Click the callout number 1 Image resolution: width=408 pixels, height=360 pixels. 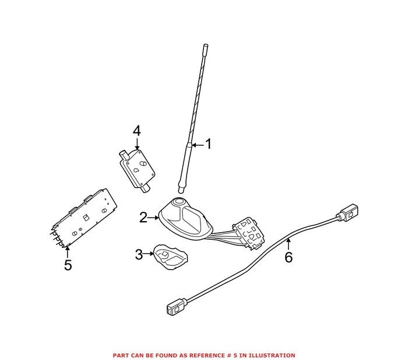[208, 145]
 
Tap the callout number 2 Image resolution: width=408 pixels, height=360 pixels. [143, 218]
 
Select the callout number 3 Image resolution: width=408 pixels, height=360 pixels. [139, 254]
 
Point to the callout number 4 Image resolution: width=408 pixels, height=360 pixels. [136, 131]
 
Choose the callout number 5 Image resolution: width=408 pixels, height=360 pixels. [68, 265]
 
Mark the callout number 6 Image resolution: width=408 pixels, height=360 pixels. [289, 257]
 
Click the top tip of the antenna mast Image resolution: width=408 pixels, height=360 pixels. [206, 46]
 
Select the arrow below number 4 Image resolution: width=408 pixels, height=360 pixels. [137, 144]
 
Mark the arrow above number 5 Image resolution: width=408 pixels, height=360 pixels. [68, 252]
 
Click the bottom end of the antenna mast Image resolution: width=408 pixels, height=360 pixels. [182, 190]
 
